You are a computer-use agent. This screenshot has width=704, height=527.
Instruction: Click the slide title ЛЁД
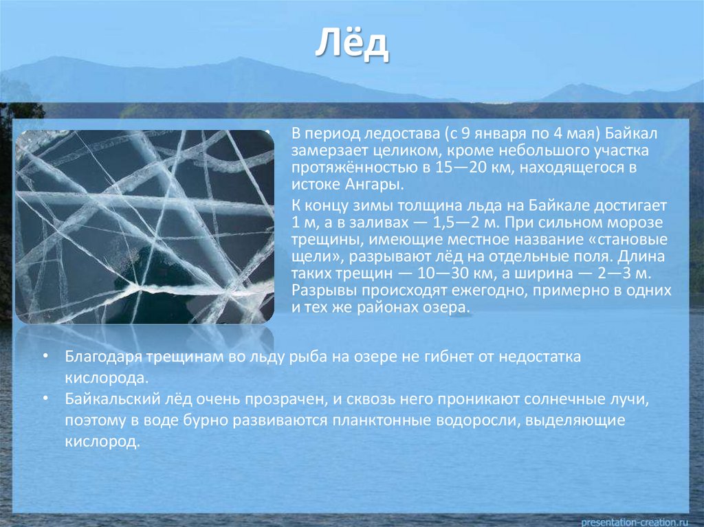[x=352, y=45]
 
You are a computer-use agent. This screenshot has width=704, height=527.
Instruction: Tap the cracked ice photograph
[x=144, y=227]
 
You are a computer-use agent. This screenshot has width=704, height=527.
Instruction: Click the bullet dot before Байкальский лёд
[x=46, y=399]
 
